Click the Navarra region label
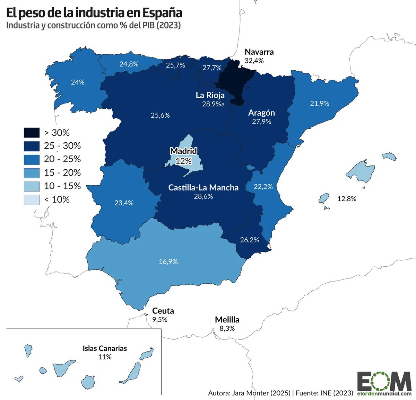tap(259, 52)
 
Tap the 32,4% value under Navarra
tap(254, 61)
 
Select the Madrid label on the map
tap(183, 151)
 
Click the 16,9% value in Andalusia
tap(168, 261)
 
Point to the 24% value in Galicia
tap(78, 82)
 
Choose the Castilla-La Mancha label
tap(203, 187)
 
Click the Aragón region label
tap(261, 113)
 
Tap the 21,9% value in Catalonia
tap(319, 103)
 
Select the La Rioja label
tap(210, 95)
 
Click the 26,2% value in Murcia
tap(249, 240)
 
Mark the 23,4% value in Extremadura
tap(124, 203)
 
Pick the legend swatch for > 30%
tap(32, 133)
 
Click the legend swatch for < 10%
tap(32, 200)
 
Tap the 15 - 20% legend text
tap(62, 172)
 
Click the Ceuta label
tap(163, 311)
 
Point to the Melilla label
tap(227, 319)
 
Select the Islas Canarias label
tap(105, 348)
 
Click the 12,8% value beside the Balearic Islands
tap(347, 199)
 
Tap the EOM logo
tap(384, 382)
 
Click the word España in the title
tap(162, 13)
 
